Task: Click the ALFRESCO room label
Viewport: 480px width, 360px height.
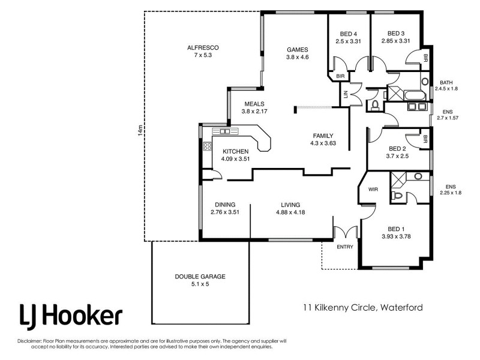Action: [203, 47]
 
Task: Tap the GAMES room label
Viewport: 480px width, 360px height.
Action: [297, 49]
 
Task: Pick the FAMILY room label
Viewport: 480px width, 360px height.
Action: [322, 136]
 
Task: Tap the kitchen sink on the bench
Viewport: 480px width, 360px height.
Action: [226, 131]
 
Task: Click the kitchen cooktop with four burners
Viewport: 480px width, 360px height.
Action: [208, 145]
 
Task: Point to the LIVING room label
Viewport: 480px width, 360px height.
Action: [290, 204]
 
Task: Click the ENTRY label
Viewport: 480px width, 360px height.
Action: [345, 247]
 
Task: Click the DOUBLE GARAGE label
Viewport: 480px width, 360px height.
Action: [200, 276]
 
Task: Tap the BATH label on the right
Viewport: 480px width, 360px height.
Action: [446, 82]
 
